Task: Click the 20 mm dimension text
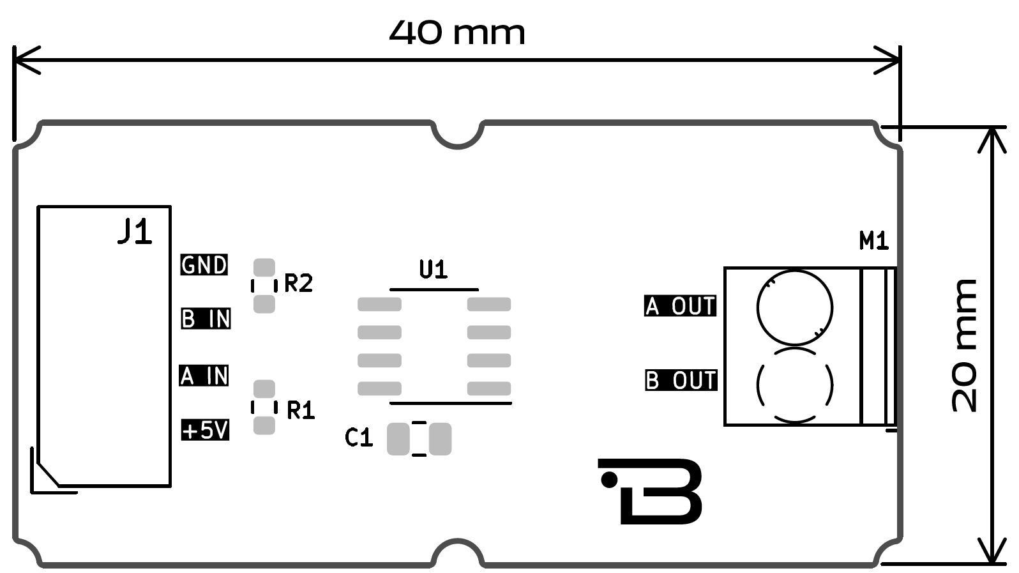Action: tap(964, 346)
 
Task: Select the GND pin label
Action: tap(204, 264)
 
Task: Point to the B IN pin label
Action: tap(206, 318)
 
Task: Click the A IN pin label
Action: tap(204, 375)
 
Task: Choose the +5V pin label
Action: tap(205, 430)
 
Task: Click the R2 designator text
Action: tap(298, 282)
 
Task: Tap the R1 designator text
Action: tap(301, 410)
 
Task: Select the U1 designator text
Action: tap(434, 270)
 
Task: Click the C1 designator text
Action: tap(358, 438)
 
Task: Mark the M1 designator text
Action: tap(873, 241)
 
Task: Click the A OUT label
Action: tap(680, 306)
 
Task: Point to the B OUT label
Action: tap(681, 380)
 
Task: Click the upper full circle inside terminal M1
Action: tap(794, 307)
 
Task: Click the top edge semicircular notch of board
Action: tap(458, 134)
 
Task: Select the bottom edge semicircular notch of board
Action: tap(458, 553)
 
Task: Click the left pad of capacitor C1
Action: tap(398, 439)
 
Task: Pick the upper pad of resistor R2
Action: tap(264, 267)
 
